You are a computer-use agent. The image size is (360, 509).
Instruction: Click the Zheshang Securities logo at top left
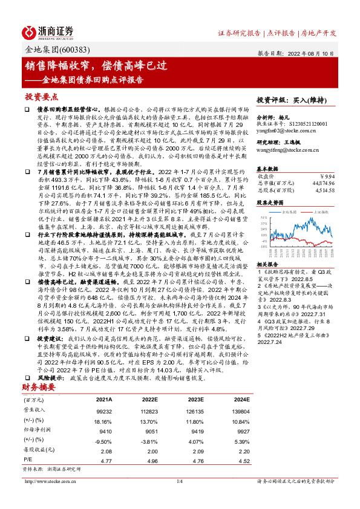(48, 31)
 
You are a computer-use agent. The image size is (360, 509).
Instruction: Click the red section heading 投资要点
(42, 97)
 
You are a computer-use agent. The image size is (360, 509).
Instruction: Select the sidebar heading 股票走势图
(271, 204)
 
